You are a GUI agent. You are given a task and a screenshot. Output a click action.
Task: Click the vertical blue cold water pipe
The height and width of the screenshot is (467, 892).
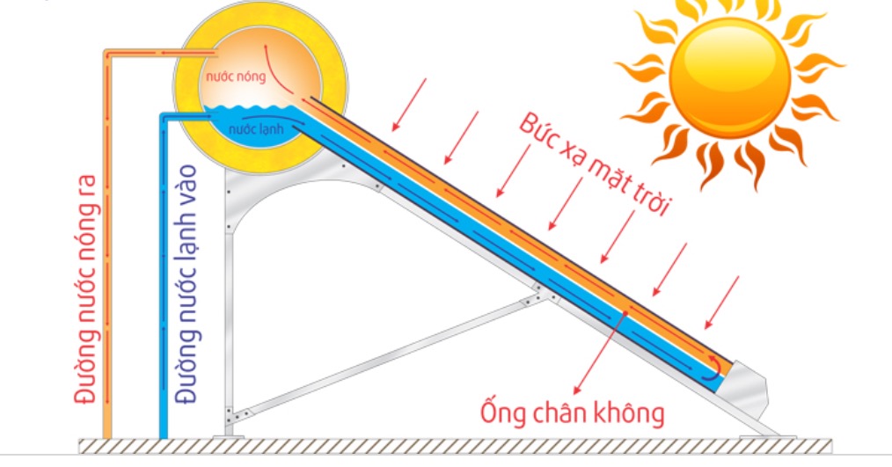pos(162,281)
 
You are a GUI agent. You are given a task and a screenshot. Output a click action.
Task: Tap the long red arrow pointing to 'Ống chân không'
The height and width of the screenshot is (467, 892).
pos(600,352)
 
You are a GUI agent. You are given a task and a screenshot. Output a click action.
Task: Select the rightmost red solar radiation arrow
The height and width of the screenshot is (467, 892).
pos(723,297)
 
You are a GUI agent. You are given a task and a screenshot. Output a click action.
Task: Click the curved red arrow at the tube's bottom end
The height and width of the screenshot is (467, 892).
pos(718,368)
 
